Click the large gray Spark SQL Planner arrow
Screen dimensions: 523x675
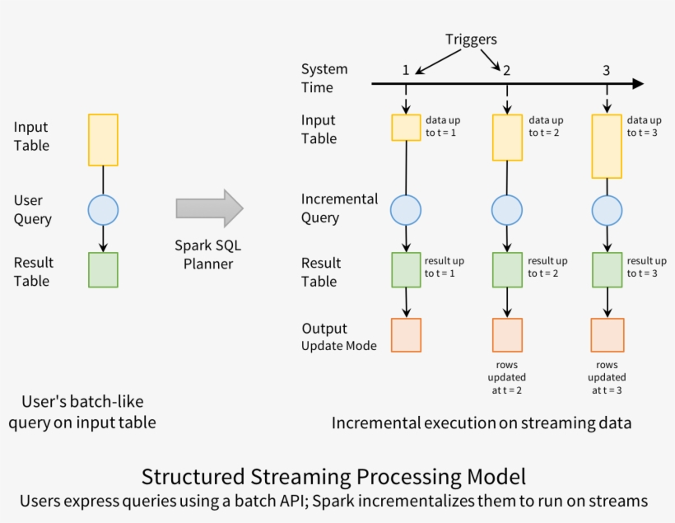(x=209, y=208)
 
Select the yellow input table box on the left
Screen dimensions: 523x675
(x=103, y=140)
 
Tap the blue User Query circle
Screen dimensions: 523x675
(x=103, y=210)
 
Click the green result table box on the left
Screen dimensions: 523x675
(x=103, y=270)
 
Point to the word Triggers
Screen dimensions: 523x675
(x=471, y=39)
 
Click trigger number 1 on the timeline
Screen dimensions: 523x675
(x=406, y=70)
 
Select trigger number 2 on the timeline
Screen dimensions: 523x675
(x=506, y=70)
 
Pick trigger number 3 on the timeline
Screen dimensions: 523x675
(x=607, y=70)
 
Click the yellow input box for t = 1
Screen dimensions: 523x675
(x=406, y=128)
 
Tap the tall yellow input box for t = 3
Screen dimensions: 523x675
(x=607, y=146)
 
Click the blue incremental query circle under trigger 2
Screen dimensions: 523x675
(x=506, y=210)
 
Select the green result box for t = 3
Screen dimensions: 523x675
(x=607, y=269)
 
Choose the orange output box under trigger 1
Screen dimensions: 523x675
(x=406, y=335)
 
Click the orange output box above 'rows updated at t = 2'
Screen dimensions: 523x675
(x=506, y=335)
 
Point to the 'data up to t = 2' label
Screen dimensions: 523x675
(x=546, y=126)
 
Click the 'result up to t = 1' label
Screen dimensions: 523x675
(x=445, y=267)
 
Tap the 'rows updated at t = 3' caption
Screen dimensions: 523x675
(x=607, y=377)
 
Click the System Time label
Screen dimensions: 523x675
(x=324, y=78)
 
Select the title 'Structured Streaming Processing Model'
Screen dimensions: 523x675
(x=333, y=476)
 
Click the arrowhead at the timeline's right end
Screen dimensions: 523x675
(x=637, y=84)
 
